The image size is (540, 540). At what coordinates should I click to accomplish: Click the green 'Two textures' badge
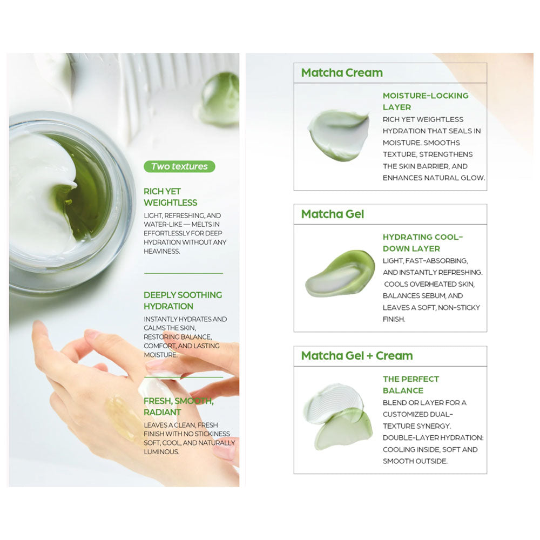pyautogui.click(x=179, y=166)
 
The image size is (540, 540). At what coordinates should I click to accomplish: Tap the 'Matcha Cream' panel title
pyautogui.click(x=342, y=73)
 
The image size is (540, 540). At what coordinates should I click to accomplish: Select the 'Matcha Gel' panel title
pyautogui.click(x=333, y=214)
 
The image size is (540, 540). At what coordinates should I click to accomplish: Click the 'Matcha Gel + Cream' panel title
pyautogui.click(x=357, y=356)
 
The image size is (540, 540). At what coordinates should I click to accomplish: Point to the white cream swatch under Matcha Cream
pyautogui.click(x=338, y=135)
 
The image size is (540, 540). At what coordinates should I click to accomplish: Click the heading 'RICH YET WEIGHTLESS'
pyautogui.click(x=170, y=197)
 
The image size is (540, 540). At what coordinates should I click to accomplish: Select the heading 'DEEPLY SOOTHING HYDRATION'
pyautogui.click(x=183, y=300)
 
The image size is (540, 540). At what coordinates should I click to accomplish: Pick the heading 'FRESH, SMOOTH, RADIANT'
pyautogui.click(x=178, y=407)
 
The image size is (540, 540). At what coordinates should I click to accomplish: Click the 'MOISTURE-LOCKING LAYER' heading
pyautogui.click(x=425, y=101)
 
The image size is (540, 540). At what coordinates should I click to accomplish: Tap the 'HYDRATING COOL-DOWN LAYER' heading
pyautogui.click(x=422, y=242)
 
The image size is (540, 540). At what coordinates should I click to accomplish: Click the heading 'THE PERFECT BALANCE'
pyautogui.click(x=410, y=384)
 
